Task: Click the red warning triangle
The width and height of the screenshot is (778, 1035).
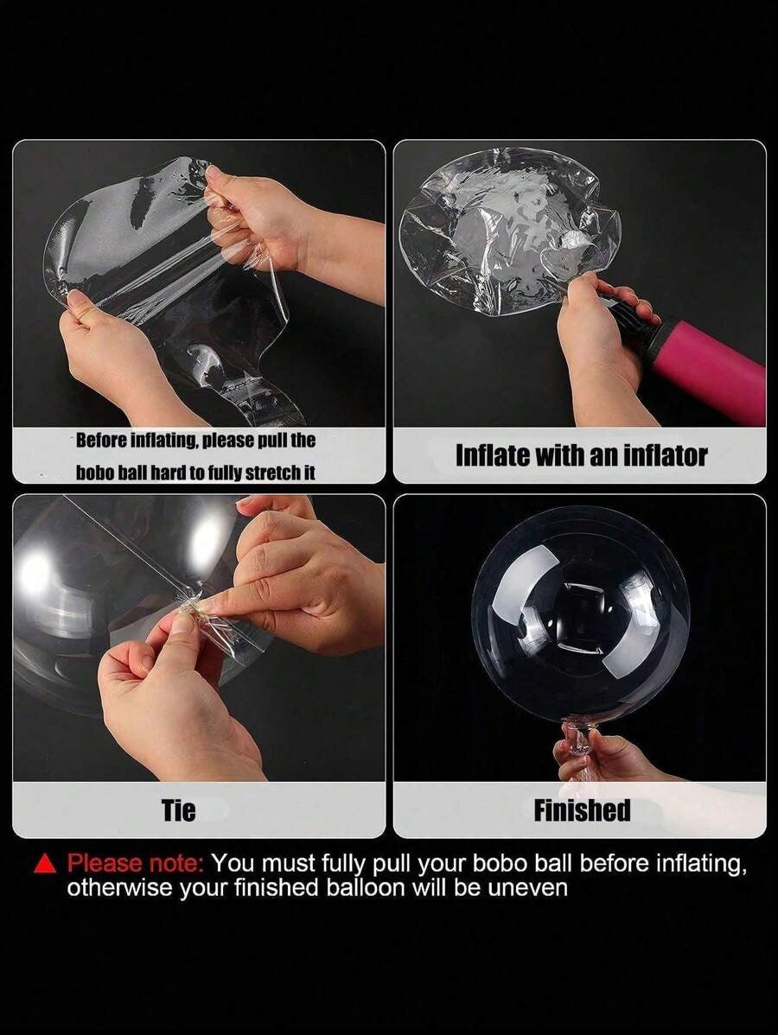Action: click(44, 865)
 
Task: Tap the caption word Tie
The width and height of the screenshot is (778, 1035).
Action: click(179, 810)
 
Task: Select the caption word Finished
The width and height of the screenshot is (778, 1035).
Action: click(582, 810)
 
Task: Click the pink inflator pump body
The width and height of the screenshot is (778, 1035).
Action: click(713, 371)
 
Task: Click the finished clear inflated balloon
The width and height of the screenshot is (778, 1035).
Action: click(581, 614)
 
